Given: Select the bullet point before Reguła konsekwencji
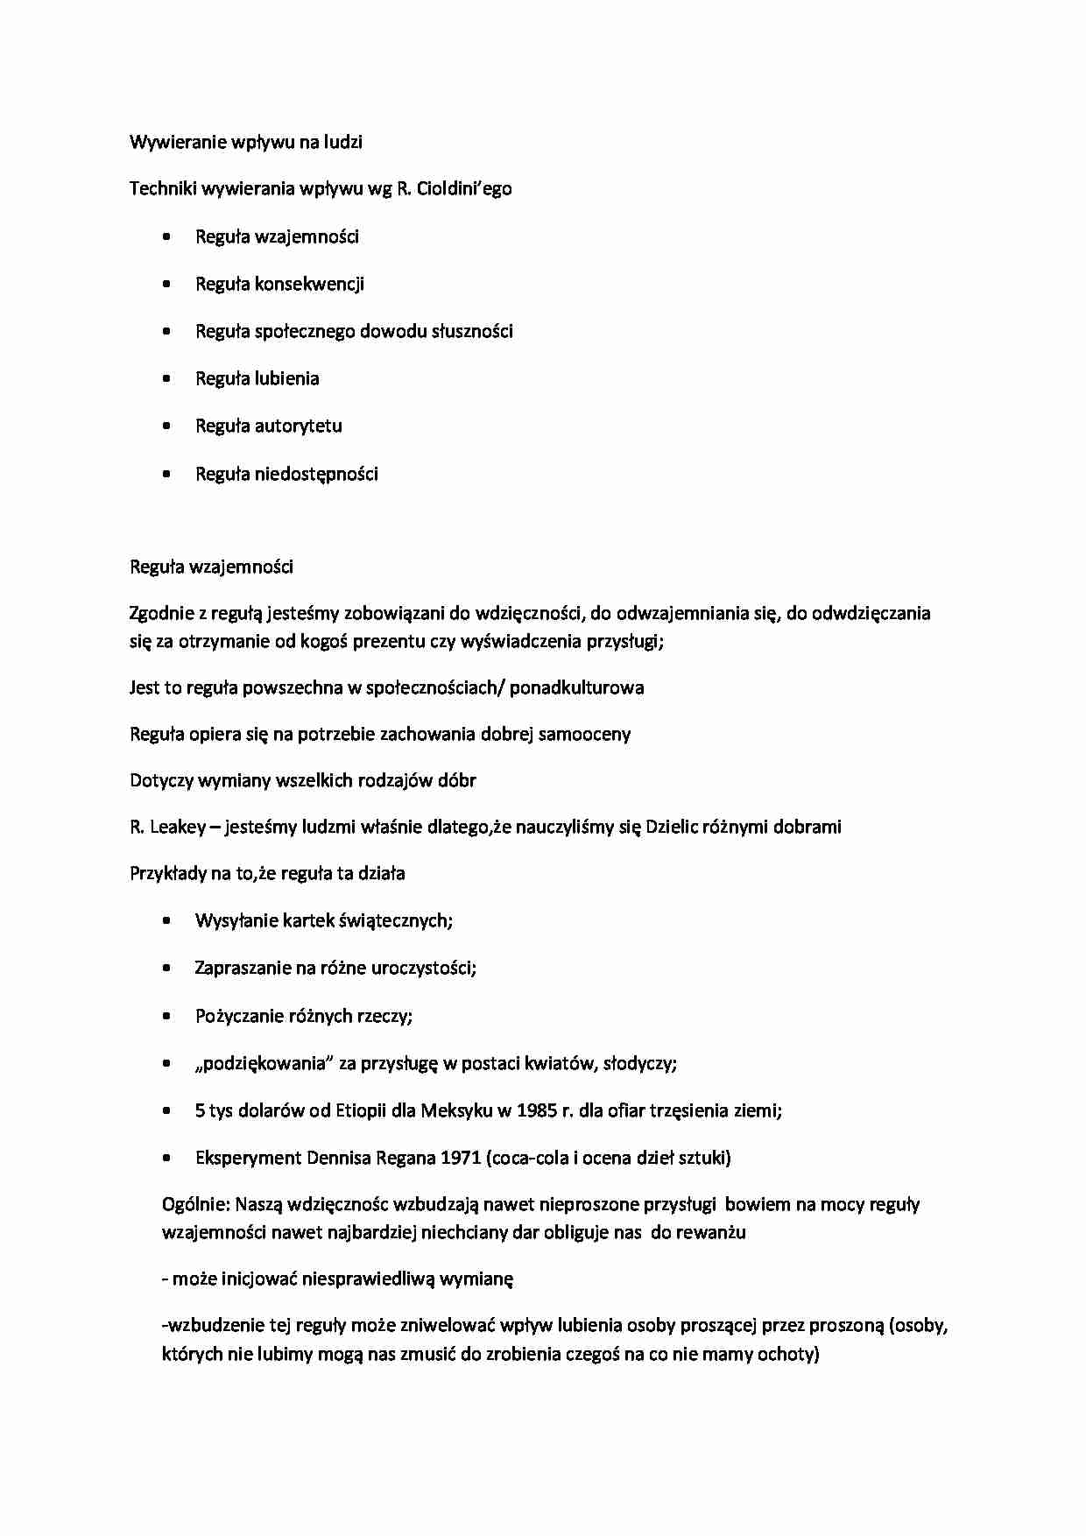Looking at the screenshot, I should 166,284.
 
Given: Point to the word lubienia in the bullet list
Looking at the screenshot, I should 287,378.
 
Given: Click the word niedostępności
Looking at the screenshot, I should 316,474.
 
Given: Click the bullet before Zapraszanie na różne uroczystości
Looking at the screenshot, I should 166,969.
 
